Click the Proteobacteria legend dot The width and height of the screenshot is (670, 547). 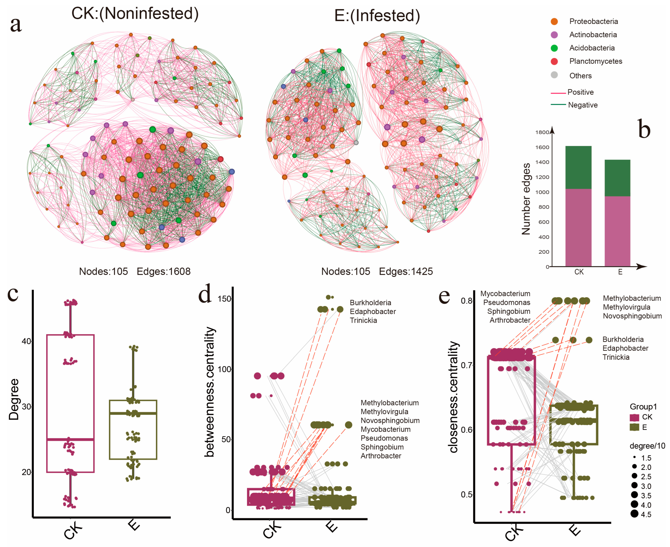[554, 21]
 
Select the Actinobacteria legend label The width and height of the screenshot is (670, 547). [593, 35]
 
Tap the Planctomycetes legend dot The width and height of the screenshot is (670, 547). [554, 62]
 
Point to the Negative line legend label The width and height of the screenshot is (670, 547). [583, 105]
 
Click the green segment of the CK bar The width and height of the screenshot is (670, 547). [578, 167]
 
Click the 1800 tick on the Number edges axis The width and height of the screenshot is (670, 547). [542, 132]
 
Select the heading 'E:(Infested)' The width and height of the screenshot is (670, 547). [377, 16]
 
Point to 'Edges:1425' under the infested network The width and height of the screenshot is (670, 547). [406, 271]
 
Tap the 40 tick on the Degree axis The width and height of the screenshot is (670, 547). [26, 341]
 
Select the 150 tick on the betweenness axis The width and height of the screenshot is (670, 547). [224, 299]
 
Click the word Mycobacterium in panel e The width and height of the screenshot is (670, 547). [505, 294]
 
